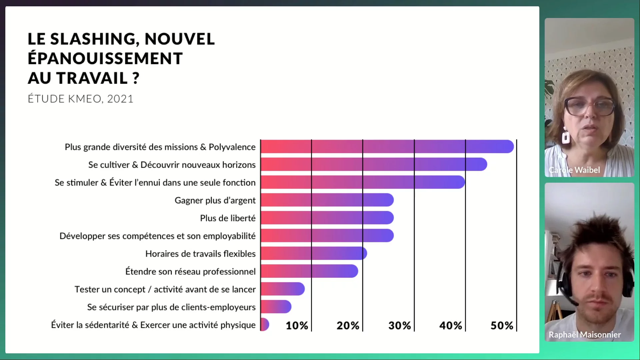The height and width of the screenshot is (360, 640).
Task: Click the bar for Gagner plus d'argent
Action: pyautogui.click(x=327, y=200)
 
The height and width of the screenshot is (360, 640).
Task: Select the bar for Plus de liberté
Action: pyautogui.click(x=327, y=218)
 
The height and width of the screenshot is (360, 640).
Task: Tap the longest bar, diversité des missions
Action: pyautogui.click(x=387, y=147)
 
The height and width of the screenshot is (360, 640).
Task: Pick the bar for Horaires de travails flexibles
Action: pyautogui.click(x=314, y=254)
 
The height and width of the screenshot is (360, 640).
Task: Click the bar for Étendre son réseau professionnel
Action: pyautogui.click(x=309, y=271)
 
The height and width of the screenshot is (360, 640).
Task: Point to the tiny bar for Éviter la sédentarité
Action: pyautogui.click(x=265, y=325)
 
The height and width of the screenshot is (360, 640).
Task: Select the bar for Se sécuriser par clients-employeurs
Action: pyautogui.click(x=276, y=307)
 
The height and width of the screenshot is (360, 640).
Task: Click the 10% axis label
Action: pyautogui.click(x=297, y=326)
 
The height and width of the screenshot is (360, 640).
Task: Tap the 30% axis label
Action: pyautogui.click(x=399, y=326)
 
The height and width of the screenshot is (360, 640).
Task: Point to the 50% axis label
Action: pyautogui.click(x=502, y=326)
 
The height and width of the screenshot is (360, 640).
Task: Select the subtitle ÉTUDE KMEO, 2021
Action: pyautogui.click(x=80, y=99)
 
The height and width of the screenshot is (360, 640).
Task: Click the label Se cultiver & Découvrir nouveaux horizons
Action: pyautogui.click(x=172, y=165)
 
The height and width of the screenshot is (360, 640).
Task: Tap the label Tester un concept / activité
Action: pyautogui.click(x=165, y=289)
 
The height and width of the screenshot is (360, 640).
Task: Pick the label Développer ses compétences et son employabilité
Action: pyautogui.click(x=157, y=236)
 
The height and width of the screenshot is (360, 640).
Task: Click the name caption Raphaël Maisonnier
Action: pyautogui.click(x=585, y=335)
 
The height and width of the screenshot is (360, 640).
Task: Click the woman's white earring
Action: pyautogui.click(x=566, y=136)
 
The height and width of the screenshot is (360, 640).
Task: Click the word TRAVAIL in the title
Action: pyautogui.click(x=92, y=78)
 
